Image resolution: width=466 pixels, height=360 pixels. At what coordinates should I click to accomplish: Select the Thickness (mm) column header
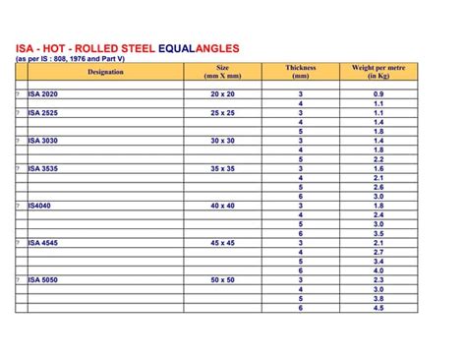pos(301,72)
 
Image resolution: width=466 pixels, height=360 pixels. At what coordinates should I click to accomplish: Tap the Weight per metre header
pos(378,72)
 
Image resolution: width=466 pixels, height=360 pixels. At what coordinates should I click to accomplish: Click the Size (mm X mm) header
pos(222,72)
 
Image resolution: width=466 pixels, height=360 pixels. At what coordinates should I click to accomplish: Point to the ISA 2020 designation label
pos(43,93)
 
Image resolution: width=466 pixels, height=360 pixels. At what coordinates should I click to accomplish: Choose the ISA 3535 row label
pos(43,168)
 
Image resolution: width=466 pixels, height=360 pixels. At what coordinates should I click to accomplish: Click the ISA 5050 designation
pos(43,280)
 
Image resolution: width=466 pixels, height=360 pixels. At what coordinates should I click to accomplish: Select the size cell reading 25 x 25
pos(222,112)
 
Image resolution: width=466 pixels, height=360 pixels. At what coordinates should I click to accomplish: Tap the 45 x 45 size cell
pos(222,243)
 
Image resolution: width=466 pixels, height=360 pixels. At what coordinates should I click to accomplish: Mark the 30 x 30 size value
pos(222,141)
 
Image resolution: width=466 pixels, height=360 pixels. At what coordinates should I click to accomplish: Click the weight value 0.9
pos(378,93)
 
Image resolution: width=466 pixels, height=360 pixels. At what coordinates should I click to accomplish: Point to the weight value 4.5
pos(378,308)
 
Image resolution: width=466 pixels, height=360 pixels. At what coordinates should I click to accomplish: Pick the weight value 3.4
pos(378,262)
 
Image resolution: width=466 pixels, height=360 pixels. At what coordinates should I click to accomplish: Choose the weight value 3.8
pos(378,299)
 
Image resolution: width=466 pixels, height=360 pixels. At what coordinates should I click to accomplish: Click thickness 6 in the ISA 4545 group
pos(301,270)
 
